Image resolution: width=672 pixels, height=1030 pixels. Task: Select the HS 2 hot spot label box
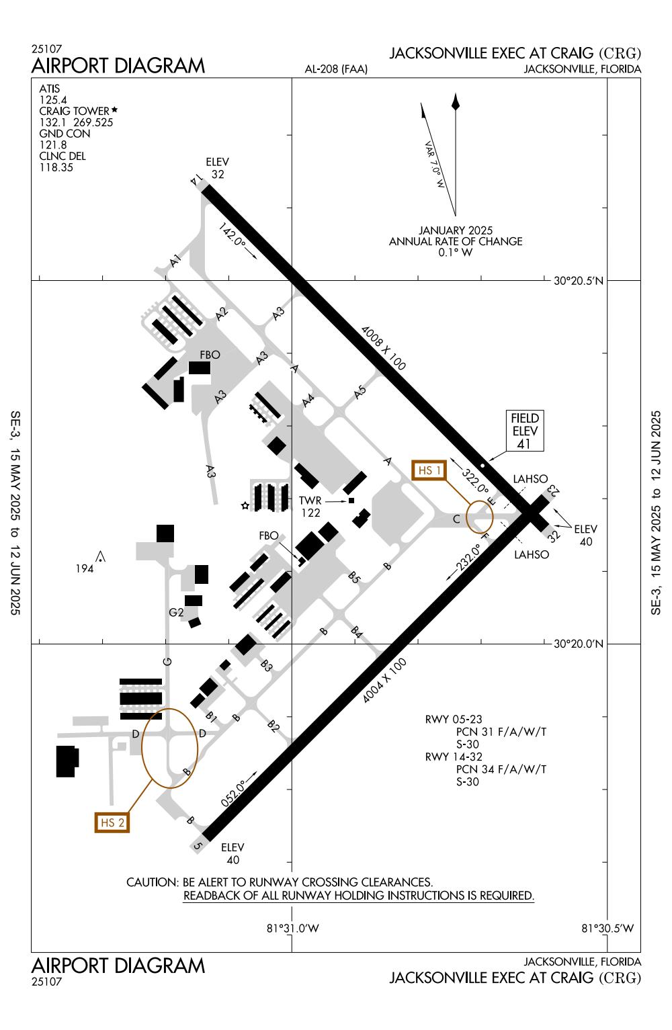pyautogui.click(x=112, y=822)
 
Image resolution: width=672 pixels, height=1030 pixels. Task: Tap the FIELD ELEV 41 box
pyautogui.click(x=525, y=431)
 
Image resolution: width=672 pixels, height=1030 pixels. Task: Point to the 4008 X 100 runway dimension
pyautogui.click(x=383, y=348)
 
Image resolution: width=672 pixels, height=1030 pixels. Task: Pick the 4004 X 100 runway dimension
pyautogui.click(x=384, y=681)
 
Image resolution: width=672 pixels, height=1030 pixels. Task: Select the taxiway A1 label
pyautogui.click(x=176, y=261)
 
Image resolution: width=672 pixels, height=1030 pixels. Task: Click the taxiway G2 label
pyautogui.click(x=176, y=612)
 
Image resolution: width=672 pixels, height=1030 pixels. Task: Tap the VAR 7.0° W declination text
pyautogui.click(x=435, y=164)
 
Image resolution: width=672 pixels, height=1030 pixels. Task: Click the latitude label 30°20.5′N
pyautogui.click(x=579, y=281)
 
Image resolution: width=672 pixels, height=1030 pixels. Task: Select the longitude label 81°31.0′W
pyautogui.click(x=292, y=929)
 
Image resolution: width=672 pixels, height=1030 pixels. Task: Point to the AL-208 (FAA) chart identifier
pyautogui.click(x=336, y=69)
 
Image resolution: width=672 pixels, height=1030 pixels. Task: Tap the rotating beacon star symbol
pyautogui.click(x=245, y=505)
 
